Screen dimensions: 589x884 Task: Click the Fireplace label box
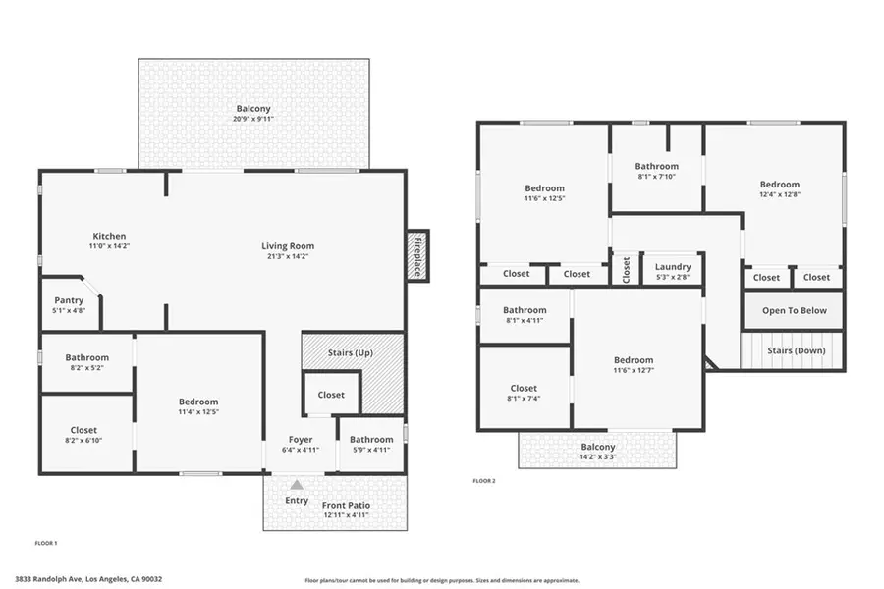pos(417,256)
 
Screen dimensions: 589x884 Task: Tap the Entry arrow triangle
pos(297,485)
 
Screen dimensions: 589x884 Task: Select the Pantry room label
pos(69,301)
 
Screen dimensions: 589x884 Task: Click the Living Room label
pos(287,246)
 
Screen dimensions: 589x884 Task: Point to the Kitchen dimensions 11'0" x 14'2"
pos(109,246)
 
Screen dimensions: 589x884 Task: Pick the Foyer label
pos(300,439)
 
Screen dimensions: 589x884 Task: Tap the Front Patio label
pos(346,505)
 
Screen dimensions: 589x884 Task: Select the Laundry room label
pos(673,267)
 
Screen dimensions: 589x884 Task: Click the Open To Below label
pos(794,311)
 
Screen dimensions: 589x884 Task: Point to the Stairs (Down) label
pos(796,350)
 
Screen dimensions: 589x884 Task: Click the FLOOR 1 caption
pos(46,543)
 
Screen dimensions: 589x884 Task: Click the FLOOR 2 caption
pos(484,481)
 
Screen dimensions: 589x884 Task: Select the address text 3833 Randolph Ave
pos(88,579)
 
